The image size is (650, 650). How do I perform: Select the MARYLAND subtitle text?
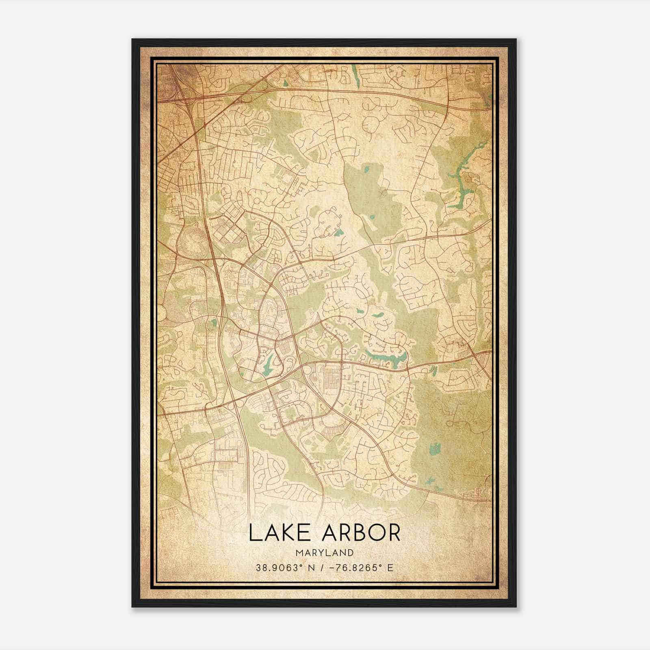pos(325,552)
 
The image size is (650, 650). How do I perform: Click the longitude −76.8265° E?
pos(360,568)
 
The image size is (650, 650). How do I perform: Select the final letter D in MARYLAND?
pos(351,552)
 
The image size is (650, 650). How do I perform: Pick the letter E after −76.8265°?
pos(390,568)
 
